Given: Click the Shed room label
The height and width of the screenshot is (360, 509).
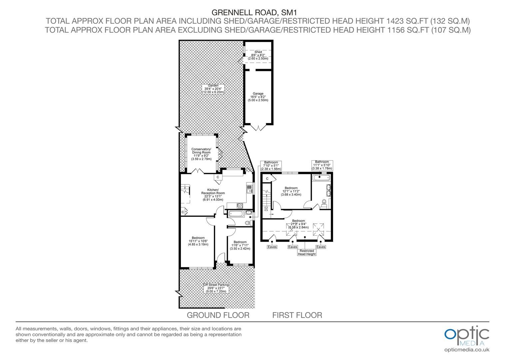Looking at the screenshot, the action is click(x=258, y=55).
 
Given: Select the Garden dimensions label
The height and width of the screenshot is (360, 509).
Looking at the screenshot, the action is click(x=213, y=89).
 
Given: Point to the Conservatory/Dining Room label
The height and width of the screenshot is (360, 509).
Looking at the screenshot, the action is click(x=201, y=154).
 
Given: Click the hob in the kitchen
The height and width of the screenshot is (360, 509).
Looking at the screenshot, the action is click(x=240, y=206).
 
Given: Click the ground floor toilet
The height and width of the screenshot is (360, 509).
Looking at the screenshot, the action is click(x=249, y=223).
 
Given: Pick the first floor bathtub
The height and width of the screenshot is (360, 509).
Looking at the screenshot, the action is click(x=321, y=177).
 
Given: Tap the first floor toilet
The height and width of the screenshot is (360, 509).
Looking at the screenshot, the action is click(x=324, y=203).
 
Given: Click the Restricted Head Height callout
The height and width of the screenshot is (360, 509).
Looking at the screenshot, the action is click(x=306, y=252).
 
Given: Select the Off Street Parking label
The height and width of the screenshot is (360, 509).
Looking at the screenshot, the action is click(x=216, y=288).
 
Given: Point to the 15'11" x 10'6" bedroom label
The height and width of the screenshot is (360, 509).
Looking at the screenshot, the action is click(x=198, y=241).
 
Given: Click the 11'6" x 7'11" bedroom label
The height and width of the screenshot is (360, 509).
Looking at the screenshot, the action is click(x=240, y=245).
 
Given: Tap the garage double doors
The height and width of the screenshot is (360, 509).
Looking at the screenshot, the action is click(x=258, y=127).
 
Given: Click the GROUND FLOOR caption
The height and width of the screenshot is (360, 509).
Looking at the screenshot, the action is click(x=218, y=315).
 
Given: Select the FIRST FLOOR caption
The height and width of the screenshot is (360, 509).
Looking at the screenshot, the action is click(x=297, y=315).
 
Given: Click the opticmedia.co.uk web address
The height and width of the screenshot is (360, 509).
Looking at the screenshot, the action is click(x=467, y=350).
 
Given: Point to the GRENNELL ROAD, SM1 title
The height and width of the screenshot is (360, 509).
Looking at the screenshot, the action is click(x=254, y=12).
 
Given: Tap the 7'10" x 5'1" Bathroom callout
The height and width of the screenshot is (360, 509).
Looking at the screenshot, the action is click(x=271, y=166).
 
